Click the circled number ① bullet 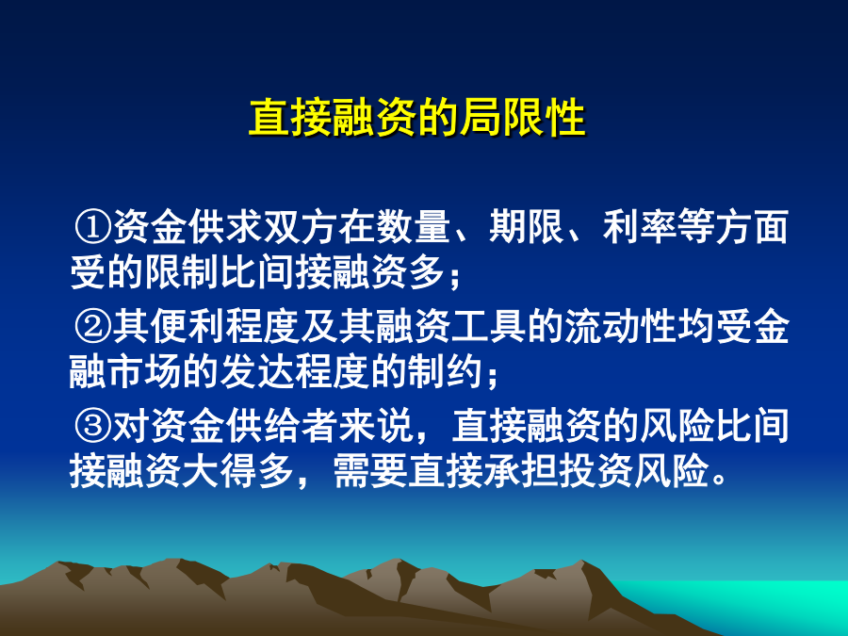92,226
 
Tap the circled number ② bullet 92,326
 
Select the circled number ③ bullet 92,426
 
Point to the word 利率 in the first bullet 641,226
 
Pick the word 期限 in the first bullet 527,226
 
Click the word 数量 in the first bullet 414,226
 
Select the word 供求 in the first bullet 225,226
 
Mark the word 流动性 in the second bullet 622,326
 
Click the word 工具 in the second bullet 489,326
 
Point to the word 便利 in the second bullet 188,326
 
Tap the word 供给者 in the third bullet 282,426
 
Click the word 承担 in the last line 520,471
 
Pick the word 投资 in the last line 595,471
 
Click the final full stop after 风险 720,480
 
